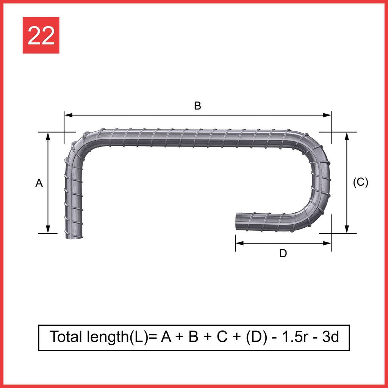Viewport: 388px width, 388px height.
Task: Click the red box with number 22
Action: (41, 35)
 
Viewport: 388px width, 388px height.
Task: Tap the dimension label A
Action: (39, 183)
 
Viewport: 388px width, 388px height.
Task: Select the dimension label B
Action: (197, 106)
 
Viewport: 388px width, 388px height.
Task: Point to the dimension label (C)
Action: (360, 182)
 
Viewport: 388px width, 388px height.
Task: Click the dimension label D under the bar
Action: (283, 253)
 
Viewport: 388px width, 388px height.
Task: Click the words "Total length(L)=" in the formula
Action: (103, 337)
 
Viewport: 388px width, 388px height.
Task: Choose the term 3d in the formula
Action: (330, 337)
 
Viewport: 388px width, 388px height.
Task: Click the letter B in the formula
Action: (193, 337)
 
